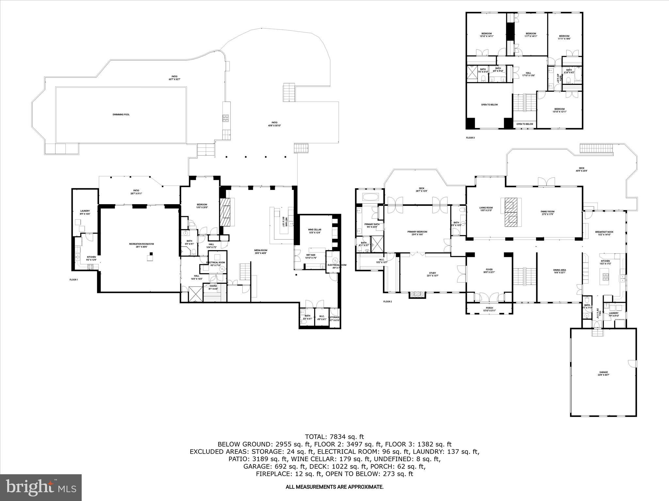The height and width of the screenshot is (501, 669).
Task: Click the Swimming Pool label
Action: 121,114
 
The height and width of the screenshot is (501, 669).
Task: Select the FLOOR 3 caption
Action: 470,138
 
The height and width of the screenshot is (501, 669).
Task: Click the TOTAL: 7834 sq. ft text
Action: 334,437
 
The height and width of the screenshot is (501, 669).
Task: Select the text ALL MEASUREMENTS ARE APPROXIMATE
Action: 334,487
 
